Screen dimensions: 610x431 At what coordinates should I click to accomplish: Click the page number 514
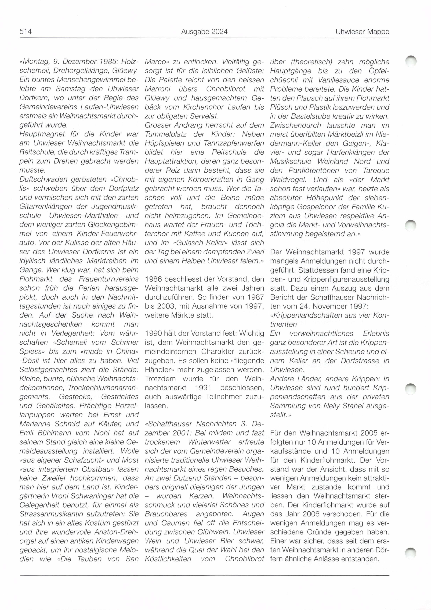pyautogui.click(x=26, y=32)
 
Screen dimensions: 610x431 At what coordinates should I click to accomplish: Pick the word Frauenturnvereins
pyautogui.click(x=108, y=279)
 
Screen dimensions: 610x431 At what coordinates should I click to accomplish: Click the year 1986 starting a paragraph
pyautogui.click(x=154, y=279)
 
